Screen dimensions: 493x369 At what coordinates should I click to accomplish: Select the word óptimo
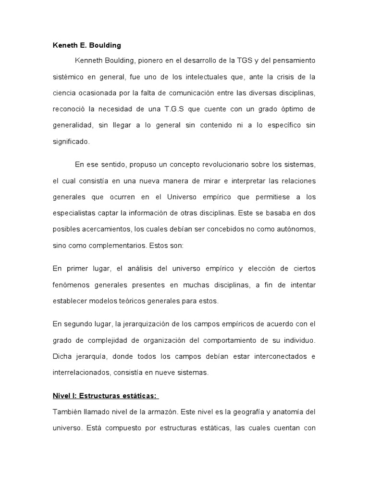pyautogui.click(x=290, y=109)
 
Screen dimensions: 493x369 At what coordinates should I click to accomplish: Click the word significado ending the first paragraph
pyautogui.click(x=71, y=142)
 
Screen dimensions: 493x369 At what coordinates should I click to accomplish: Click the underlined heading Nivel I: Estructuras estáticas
pyautogui.click(x=106, y=396)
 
